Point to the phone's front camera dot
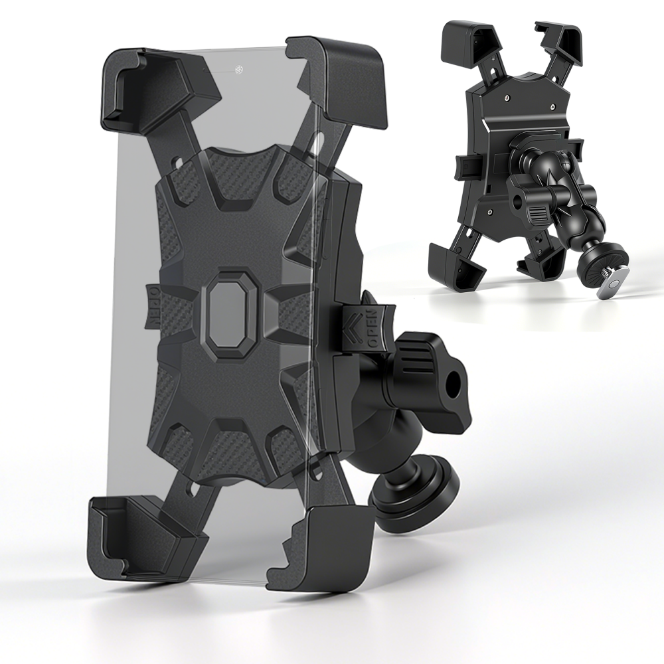[238, 68]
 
